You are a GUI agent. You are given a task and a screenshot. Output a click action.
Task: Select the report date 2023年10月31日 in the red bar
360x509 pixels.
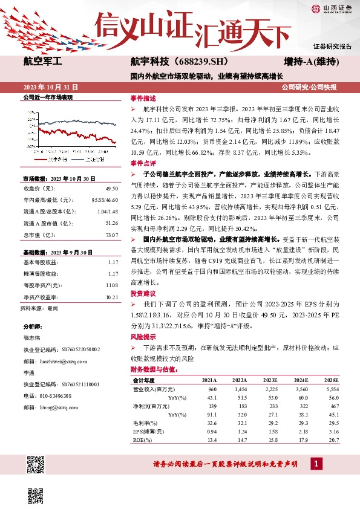click(51, 87)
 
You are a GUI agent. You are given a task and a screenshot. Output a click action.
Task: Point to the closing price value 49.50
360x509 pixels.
click(110, 189)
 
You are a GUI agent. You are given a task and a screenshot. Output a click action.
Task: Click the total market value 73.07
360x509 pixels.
click(111, 234)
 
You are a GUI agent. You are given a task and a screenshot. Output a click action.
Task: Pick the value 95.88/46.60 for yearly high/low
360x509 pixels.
click(104, 200)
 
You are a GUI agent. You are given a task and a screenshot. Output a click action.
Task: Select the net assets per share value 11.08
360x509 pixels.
click(111, 285)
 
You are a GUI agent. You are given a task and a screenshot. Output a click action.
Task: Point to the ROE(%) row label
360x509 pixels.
click(143, 441)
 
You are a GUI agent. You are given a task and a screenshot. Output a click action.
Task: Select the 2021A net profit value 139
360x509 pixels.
click(212, 406)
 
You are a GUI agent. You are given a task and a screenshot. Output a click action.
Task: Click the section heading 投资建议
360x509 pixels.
click(143, 293)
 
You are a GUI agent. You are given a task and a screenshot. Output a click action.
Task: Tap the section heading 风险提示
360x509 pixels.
click(143, 337)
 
